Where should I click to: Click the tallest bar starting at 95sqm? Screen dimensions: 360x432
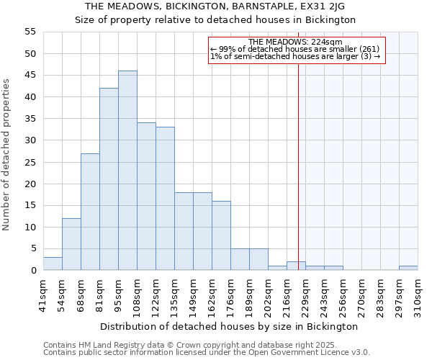127,171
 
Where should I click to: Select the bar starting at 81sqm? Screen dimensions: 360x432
109,179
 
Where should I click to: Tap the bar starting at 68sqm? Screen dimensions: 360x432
90,212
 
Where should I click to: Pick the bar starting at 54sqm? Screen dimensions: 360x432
71,244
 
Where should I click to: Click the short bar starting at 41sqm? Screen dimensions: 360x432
53,264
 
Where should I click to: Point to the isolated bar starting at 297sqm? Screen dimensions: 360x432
408,268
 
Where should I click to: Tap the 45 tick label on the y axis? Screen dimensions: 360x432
30,75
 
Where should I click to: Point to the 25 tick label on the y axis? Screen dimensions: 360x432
30,162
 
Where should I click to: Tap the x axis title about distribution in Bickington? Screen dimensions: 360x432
230,326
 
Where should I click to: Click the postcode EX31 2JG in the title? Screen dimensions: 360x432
325,6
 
